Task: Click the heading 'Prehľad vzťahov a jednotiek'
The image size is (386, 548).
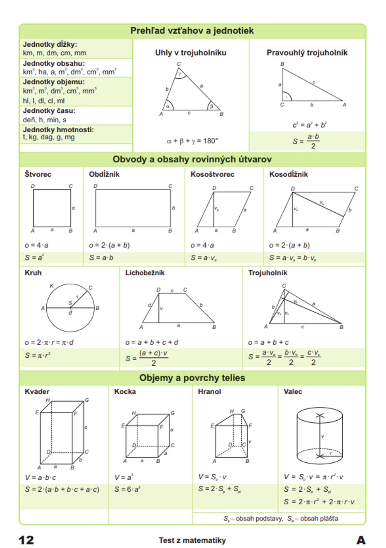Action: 192,31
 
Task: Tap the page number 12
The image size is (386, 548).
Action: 26,540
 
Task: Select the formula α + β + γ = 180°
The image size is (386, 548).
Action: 192,141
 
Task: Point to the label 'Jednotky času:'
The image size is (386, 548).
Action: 49,111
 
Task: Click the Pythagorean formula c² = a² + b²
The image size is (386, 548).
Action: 309,125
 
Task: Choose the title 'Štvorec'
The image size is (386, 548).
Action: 38,174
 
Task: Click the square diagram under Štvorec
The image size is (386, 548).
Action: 52,208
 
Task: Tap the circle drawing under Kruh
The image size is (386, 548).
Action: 70,308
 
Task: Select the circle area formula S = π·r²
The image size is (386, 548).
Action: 38,355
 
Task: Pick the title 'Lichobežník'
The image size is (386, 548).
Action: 145,273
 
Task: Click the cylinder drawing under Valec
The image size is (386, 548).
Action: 320,435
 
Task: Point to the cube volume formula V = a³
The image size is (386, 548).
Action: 124,477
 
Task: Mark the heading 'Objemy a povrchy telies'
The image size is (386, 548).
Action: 192,378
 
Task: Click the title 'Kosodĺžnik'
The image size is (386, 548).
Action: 288,174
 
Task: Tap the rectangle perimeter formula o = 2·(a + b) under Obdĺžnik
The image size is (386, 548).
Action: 109,245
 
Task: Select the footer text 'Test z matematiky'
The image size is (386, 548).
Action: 192,540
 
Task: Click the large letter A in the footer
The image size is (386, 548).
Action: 361,540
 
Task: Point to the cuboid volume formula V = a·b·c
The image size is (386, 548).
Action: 41,477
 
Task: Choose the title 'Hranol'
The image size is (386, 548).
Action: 209,392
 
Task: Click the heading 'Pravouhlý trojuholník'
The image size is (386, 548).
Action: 307,53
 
